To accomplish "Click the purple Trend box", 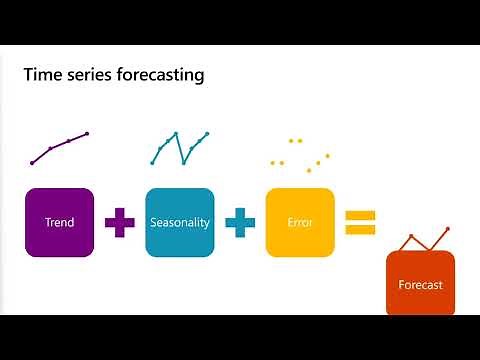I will click(x=59, y=222).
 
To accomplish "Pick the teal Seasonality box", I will click(x=180, y=222).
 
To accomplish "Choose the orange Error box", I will click(x=300, y=222).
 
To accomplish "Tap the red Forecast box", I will click(x=420, y=284).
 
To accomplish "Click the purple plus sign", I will click(x=119, y=222).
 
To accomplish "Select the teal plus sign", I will click(x=240, y=222).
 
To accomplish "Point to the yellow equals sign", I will click(x=360, y=222).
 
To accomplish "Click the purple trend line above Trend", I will click(x=59, y=147).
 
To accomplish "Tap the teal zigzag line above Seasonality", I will click(x=180, y=147).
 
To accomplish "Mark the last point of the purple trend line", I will click(x=87, y=133).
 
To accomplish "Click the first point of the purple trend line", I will click(x=32, y=162).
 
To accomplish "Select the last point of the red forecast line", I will click(x=448, y=229).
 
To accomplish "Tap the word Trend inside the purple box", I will click(x=59, y=222).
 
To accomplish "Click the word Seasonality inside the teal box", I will click(x=180, y=222).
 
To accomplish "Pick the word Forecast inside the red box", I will click(x=420, y=285).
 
